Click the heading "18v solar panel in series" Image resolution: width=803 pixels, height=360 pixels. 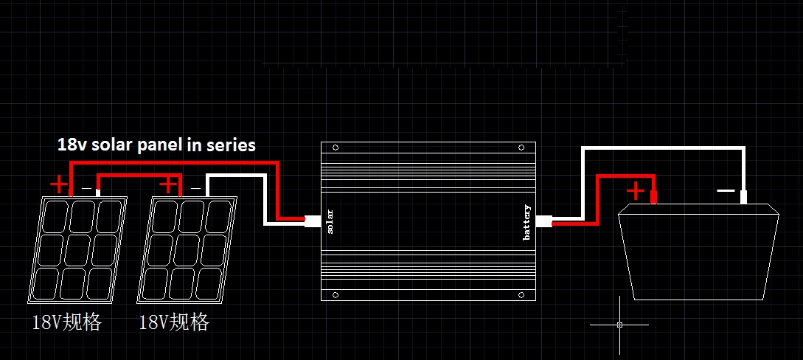[156, 145]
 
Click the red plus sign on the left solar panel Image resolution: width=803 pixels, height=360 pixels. [58, 184]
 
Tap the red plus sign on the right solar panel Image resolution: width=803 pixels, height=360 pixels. [169, 184]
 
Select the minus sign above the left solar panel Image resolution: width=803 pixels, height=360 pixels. [86, 189]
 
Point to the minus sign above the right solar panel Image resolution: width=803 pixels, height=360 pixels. [195, 189]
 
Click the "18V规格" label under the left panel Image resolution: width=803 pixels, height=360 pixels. [66, 322]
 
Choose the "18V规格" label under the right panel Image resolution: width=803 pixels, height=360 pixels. [174, 322]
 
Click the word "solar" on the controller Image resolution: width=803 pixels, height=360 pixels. [330, 221]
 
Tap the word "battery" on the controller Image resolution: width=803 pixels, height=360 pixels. [526, 222]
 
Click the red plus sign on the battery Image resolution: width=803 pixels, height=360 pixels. [635, 191]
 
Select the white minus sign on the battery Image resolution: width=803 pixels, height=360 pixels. [726, 190]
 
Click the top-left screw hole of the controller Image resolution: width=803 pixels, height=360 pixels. [336, 148]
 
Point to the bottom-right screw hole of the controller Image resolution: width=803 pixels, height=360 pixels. [526, 295]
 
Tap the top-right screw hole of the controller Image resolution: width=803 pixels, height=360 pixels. [526, 148]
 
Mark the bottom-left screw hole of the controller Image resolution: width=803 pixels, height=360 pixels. [336, 295]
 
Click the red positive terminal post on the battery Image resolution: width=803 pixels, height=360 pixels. [653, 197]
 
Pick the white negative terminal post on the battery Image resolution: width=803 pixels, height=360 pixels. [743, 198]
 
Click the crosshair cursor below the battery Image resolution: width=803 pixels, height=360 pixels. [619, 324]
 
